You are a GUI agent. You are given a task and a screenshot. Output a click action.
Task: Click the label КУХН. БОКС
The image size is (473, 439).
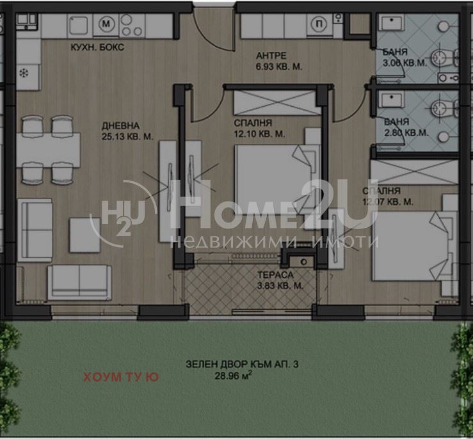point(98,48)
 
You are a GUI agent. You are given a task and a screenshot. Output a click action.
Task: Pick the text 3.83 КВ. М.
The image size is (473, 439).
point(279,286)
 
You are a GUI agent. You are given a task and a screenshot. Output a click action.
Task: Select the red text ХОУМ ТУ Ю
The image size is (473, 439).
point(121,378)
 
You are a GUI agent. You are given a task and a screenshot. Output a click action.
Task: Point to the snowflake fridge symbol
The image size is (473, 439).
point(26,72)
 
